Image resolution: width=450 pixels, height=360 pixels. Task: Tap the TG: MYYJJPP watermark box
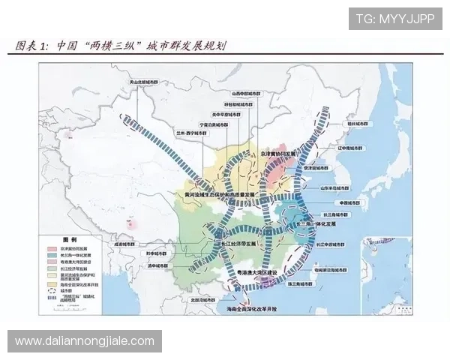395,19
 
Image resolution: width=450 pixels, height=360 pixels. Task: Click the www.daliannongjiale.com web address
84,341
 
